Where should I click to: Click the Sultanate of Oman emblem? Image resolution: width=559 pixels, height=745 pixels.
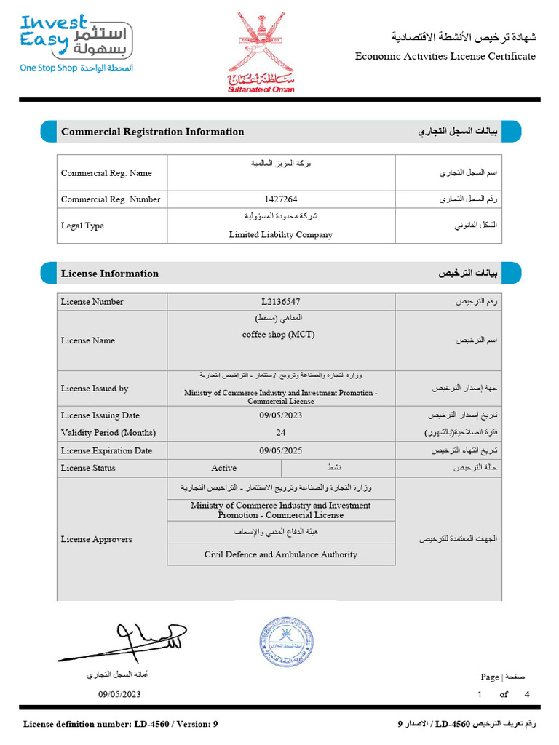262,51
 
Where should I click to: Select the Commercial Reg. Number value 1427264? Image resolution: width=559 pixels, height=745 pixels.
281,199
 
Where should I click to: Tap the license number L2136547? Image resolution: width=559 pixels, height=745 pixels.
281,302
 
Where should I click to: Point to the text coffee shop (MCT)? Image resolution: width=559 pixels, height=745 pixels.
279,335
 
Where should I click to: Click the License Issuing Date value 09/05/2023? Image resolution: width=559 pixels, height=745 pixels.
281,415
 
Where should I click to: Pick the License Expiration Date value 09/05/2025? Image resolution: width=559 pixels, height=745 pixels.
281,450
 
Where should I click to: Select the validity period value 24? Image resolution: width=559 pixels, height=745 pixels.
281,432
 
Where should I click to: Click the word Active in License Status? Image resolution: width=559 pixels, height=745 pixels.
223,468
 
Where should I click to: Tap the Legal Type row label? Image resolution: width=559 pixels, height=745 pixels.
82,226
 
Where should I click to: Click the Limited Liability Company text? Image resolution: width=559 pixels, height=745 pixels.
281,235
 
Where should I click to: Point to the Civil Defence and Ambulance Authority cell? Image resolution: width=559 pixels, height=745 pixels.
281,554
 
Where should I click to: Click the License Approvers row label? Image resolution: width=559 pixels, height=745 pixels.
97,539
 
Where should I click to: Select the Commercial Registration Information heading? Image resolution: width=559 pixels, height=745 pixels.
153,132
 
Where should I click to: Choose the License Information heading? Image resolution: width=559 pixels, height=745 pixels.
110,274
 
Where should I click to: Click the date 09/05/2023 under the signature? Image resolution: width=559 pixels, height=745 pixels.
119,694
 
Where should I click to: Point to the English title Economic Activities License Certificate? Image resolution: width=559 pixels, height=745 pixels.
445,57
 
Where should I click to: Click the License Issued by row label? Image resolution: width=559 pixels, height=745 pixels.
95,389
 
